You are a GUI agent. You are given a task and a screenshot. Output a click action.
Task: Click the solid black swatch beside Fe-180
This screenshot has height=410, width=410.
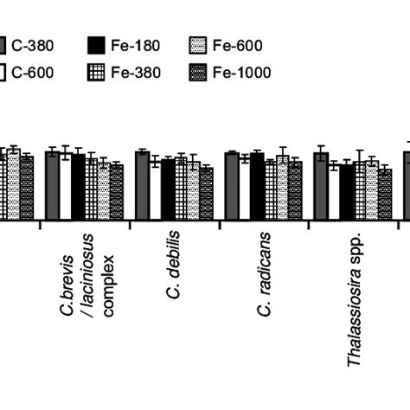click(97, 46)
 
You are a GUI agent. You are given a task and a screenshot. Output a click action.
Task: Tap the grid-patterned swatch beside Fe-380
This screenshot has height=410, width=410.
click(97, 73)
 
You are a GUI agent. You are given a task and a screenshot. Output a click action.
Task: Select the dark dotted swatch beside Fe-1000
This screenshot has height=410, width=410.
click(199, 73)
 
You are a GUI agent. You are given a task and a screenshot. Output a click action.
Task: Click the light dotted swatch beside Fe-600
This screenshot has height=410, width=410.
click(199, 46)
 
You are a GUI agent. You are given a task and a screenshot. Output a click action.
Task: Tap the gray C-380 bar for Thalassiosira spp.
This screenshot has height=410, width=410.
click(321, 185)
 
